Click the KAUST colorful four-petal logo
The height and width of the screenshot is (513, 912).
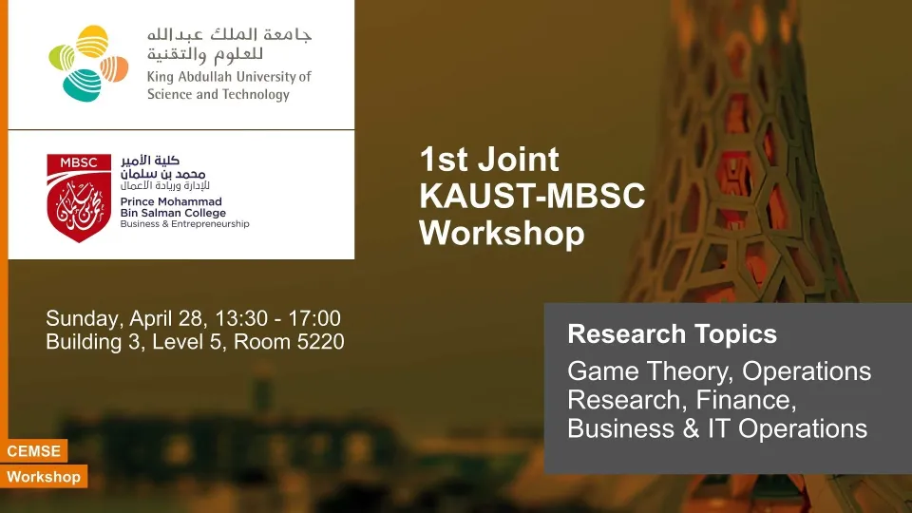(x=88, y=64)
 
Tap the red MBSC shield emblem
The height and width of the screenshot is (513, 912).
(x=79, y=198)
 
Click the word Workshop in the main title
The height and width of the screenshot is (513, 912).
(x=502, y=234)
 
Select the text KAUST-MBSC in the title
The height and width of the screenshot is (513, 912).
(x=532, y=196)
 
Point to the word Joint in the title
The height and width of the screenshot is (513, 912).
(x=519, y=159)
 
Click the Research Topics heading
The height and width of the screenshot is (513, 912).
(x=673, y=333)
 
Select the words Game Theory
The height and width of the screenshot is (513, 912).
(x=650, y=371)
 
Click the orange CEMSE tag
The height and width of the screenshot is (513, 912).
(x=34, y=450)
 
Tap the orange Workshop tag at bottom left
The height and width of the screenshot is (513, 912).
(x=44, y=477)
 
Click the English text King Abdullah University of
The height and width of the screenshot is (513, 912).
(x=229, y=77)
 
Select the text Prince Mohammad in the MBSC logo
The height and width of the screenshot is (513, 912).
(x=171, y=201)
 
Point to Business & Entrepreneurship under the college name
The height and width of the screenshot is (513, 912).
(x=185, y=224)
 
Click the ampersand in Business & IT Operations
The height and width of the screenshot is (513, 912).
(x=691, y=428)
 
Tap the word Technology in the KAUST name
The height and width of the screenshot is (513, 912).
(x=255, y=95)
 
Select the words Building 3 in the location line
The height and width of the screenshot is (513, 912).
(x=93, y=342)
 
